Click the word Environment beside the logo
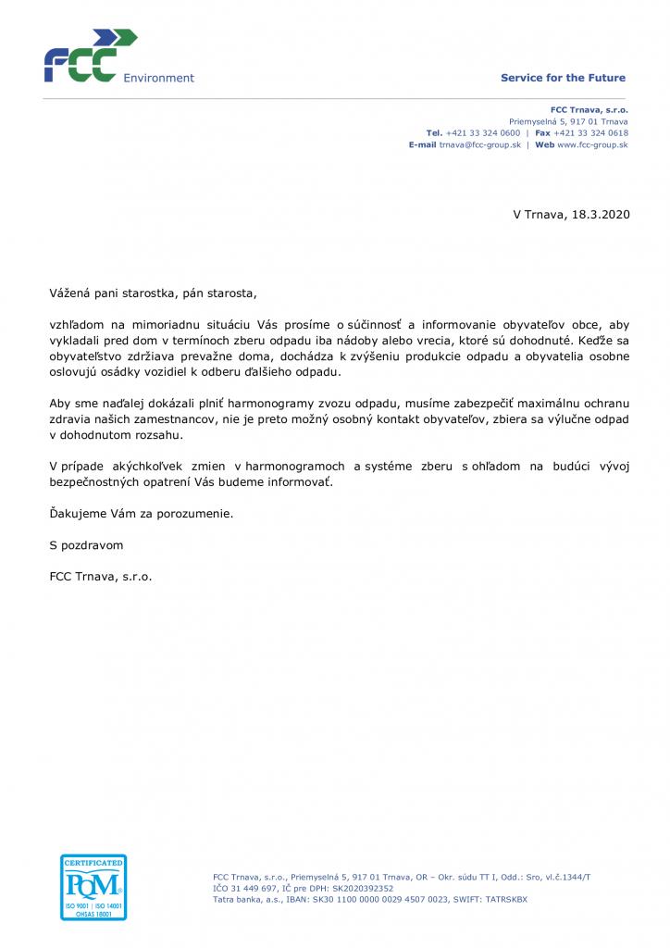(x=158, y=79)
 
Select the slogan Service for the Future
(x=563, y=78)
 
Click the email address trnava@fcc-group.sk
(x=479, y=145)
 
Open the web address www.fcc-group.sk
(x=592, y=145)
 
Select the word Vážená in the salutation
(x=70, y=293)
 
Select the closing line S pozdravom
(x=86, y=545)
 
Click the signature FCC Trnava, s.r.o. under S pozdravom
(x=101, y=576)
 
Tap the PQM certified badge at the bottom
(x=93, y=886)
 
